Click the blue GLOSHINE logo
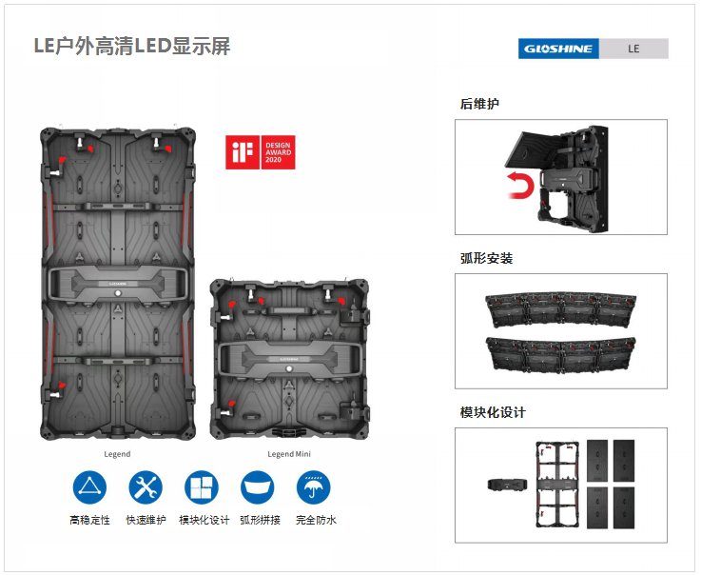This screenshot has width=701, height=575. pos(558,49)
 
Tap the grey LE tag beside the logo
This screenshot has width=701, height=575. pos(633,49)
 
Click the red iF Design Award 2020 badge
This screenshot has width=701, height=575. pos(261,152)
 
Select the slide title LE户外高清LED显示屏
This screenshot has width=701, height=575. pos(132,46)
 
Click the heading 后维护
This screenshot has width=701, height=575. pos(479,104)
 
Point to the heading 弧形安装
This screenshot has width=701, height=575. pos(486,258)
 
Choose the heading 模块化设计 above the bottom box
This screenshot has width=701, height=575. pos(493,412)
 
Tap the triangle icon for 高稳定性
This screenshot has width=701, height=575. pos(89,487)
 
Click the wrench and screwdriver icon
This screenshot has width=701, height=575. pos(146,487)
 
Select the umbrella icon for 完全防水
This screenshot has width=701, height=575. pos(313,487)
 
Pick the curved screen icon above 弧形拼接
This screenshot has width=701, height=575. pos(258,487)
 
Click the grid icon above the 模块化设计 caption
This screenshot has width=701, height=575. pos(202,487)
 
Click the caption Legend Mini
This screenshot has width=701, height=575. pos(289,454)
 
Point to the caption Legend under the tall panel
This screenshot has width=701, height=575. pos(117,454)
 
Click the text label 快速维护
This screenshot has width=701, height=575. pos(146,520)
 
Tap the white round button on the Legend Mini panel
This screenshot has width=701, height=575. pos(289,368)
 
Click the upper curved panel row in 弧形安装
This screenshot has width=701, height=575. pos(560,310)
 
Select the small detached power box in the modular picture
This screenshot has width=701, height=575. pos(507,485)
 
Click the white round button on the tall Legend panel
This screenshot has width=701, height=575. pos(118,293)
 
